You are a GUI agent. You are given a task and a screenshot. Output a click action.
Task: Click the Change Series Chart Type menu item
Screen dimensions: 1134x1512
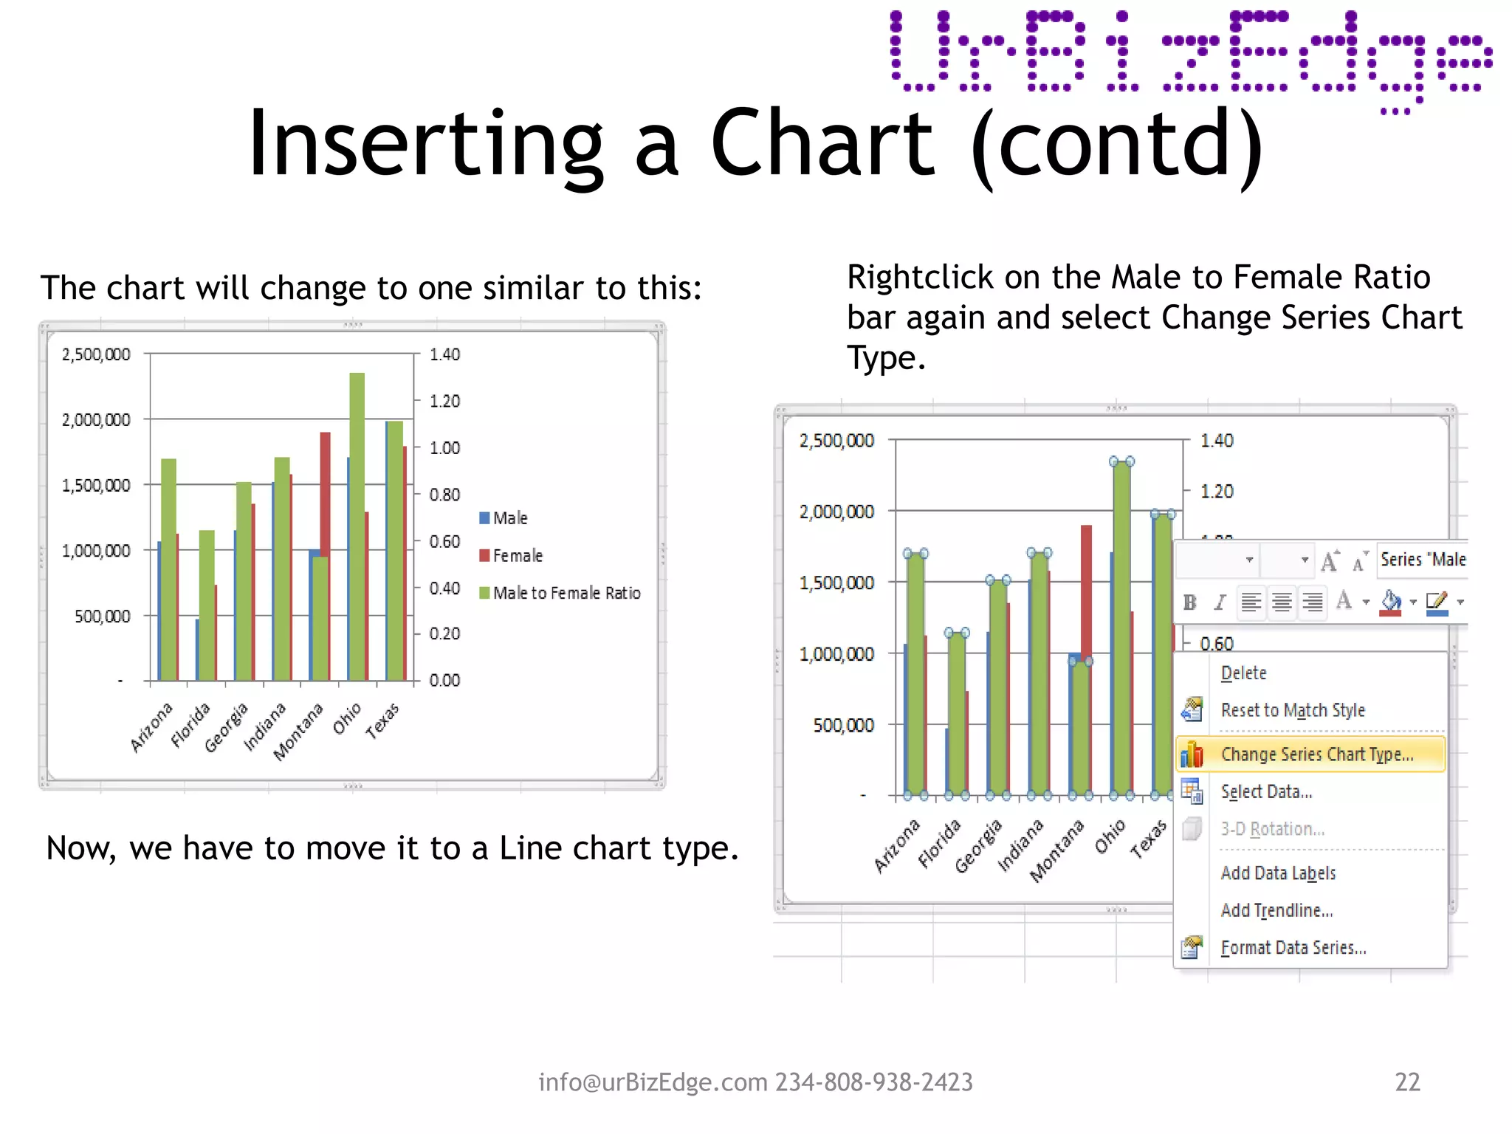pos(1316,754)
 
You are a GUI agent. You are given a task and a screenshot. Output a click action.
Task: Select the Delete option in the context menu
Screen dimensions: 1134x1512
pos(1243,673)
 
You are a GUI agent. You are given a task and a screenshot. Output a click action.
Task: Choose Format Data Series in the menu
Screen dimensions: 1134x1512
pos(1293,947)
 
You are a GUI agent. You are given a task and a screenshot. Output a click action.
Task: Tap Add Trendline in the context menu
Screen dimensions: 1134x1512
pos(1276,910)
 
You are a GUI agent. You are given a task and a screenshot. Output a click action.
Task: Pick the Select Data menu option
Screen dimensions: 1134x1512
pos(1266,791)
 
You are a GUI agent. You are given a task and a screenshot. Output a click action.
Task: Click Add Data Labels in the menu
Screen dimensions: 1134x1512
pos(1278,873)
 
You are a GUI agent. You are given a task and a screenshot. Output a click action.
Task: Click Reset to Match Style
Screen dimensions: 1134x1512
pos(1292,709)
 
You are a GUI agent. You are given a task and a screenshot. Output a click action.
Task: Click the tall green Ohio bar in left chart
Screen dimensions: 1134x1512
pos(357,517)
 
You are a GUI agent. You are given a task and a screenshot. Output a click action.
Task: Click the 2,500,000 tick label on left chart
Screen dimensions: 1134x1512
pos(96,354)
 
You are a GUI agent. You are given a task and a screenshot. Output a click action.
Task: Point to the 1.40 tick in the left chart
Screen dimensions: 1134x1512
pos(444,354)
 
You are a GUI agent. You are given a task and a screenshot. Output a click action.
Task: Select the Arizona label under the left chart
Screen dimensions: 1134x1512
pos(151,726)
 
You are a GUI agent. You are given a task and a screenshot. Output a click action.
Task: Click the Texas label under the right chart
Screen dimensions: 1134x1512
pos(1149,838)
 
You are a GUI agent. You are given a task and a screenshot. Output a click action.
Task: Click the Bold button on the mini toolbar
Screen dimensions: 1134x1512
pos(1189,602)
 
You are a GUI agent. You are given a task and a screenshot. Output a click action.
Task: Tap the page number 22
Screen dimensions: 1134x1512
pos(1407,1082)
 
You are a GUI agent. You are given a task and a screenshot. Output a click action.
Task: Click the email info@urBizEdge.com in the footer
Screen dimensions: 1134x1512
pos(653,1082)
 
